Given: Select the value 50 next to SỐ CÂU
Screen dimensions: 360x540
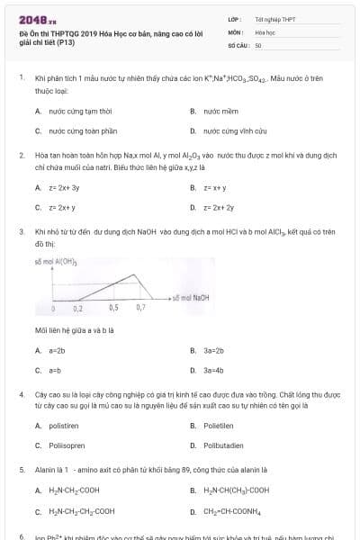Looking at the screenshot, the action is [258, 44].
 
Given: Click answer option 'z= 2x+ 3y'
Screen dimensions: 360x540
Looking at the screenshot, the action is [64, 187].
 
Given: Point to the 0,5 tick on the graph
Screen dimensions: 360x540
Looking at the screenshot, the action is [113, 308].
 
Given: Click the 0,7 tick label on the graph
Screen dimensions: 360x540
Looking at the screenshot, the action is [140, 308].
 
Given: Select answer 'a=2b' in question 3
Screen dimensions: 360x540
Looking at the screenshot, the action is [57, 350].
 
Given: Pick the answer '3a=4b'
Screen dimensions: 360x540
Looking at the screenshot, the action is [213, 370].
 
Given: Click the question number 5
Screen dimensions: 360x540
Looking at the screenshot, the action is [22, 470].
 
